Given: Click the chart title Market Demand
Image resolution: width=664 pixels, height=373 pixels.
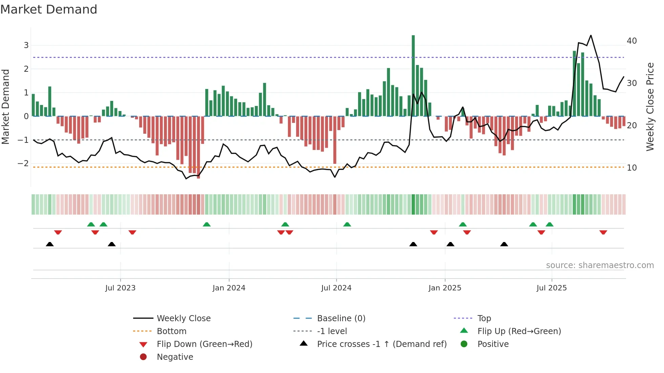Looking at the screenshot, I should (x=49, y=9).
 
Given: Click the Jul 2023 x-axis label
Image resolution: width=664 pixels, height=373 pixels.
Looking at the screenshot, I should (x=120, y=288).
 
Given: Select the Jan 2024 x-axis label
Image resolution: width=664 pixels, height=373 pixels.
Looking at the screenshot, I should (x=229, y=288).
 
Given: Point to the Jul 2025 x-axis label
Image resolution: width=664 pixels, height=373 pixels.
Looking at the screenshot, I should (x=552, y=288).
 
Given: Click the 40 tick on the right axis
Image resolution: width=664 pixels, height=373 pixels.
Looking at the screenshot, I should (x=631, y=41).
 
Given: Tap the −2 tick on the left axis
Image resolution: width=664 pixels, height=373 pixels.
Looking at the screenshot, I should (x=23, y=163).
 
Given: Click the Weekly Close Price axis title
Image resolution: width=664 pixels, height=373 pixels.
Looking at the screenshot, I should (x=650, y=107).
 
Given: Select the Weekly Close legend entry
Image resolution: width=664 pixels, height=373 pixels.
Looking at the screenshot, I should (x=183, y=319).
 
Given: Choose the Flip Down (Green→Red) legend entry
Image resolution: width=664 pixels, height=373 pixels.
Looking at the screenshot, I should (x=204, y=344).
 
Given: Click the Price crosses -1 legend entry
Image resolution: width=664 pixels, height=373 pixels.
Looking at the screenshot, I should (x=381, y=344).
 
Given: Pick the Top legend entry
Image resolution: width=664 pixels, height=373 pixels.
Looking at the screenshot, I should (x=484, y=319).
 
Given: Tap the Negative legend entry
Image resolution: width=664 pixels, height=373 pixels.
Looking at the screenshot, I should (x=175, y=357).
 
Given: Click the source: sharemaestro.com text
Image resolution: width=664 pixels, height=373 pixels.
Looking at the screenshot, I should (x=600, y=265).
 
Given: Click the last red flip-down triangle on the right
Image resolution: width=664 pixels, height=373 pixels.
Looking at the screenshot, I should (x=603, y=232).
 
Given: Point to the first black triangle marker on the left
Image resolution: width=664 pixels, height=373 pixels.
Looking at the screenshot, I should (x=50, y=244).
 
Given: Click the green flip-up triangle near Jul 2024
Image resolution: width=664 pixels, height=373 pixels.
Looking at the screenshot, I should (x=347, y=224).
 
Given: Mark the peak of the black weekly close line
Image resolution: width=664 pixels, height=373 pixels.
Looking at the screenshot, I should (x=591, y=35).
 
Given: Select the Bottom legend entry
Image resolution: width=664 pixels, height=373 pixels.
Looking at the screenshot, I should (x=171, y=331).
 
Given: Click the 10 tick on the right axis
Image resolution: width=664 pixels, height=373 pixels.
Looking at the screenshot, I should (x=631, y=168).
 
